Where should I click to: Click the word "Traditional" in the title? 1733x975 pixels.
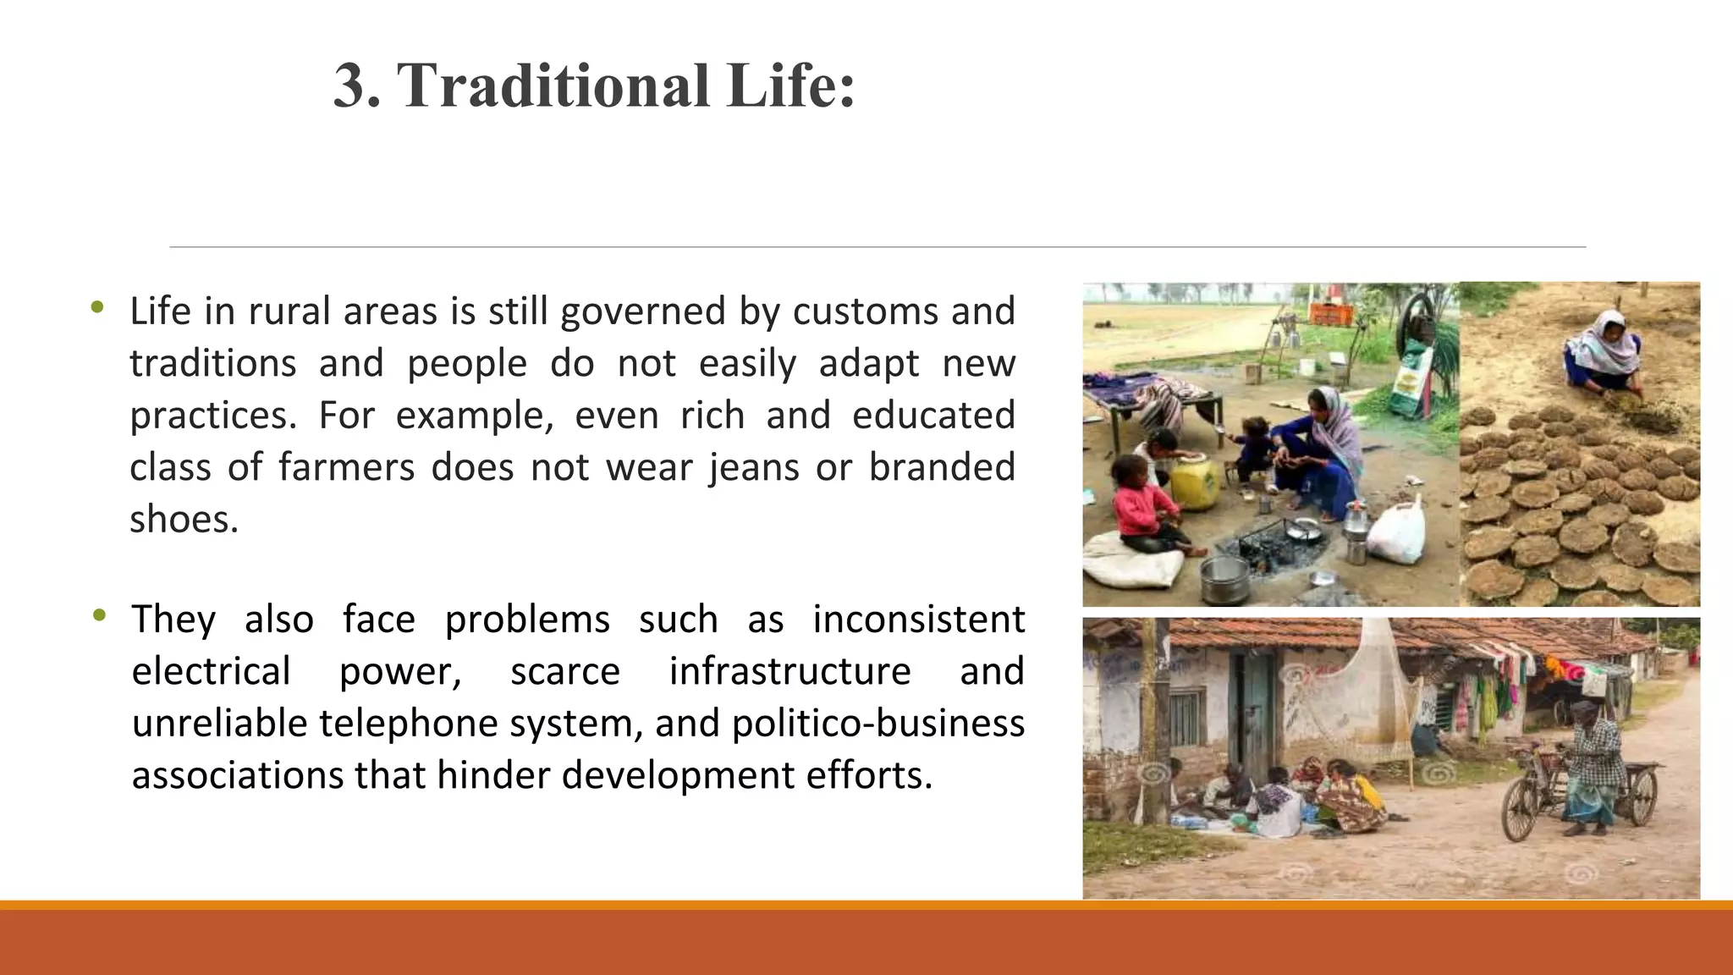(x=553, y=86)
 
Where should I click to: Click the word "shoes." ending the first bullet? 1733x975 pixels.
(x=184, y=519)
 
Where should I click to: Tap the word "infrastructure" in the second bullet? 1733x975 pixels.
(x=789, y=671)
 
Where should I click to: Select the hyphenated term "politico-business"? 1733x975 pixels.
(x=878, y=724)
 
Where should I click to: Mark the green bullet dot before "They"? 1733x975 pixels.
(x=100, y=615)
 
